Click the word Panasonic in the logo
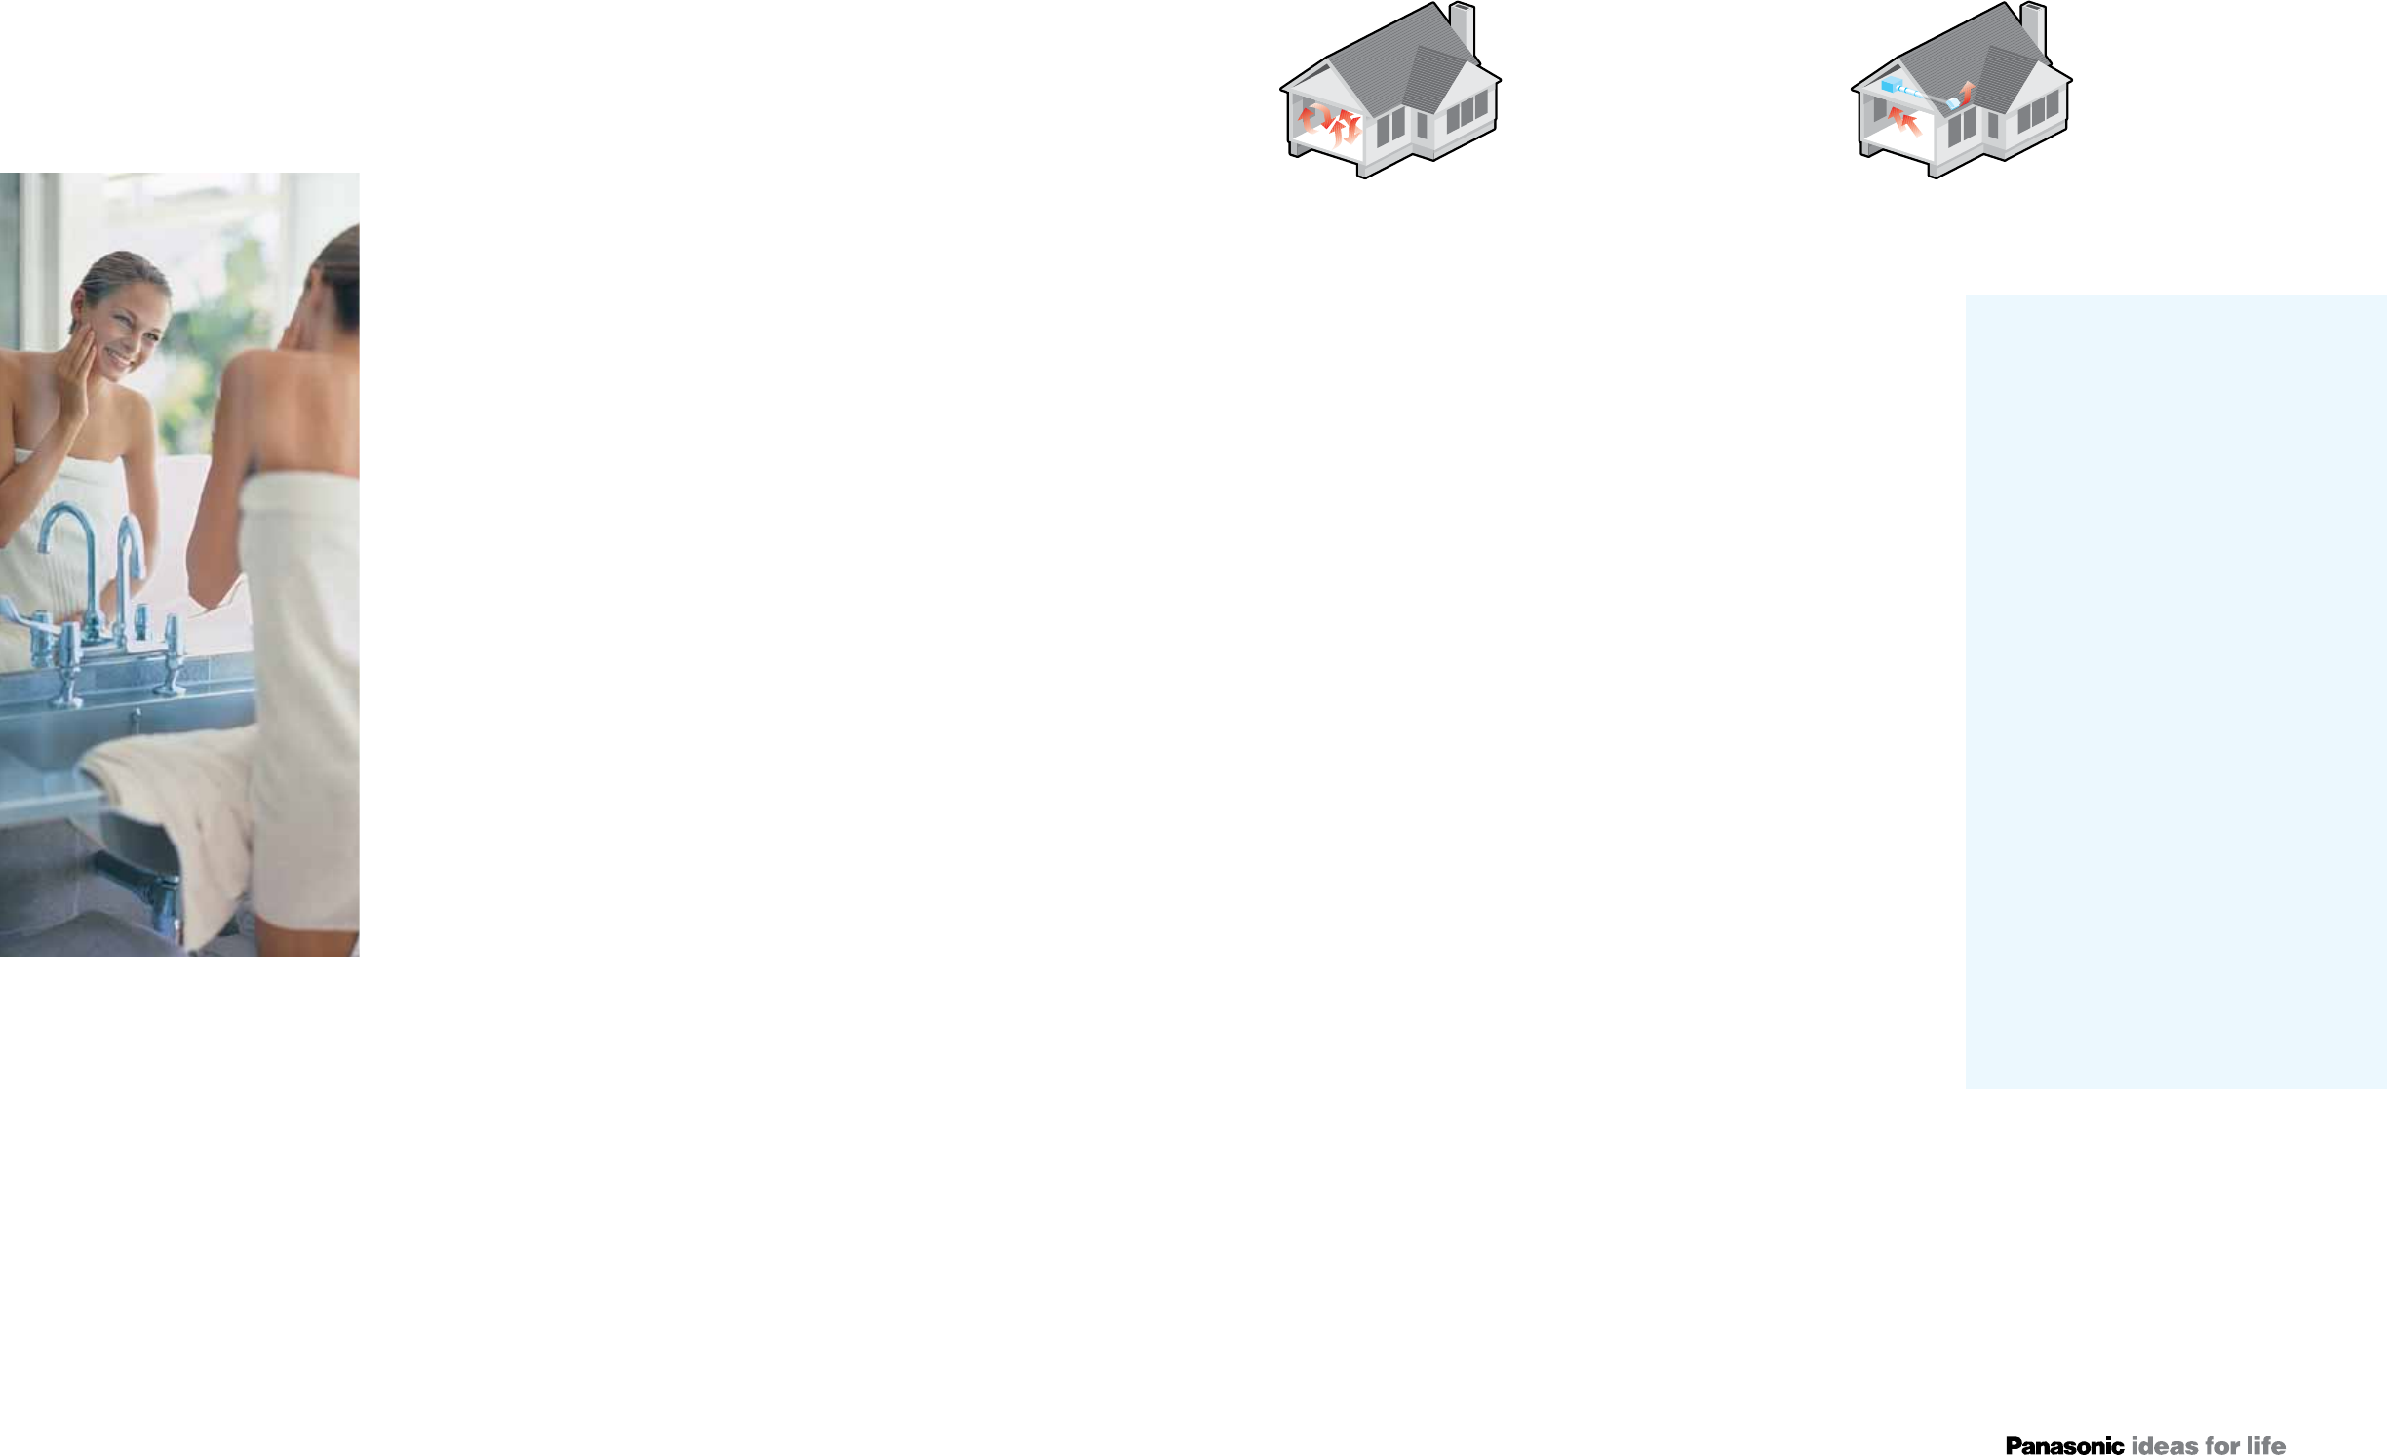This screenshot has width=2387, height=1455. coord(2064,1445)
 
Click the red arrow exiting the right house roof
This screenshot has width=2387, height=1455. coord(1968,91)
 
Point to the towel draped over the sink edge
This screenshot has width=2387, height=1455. coord(176,809)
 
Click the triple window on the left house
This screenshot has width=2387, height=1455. coord(1467,112)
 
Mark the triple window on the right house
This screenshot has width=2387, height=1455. coord(2038,112)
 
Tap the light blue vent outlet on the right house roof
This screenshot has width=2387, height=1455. coord(1953,102)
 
